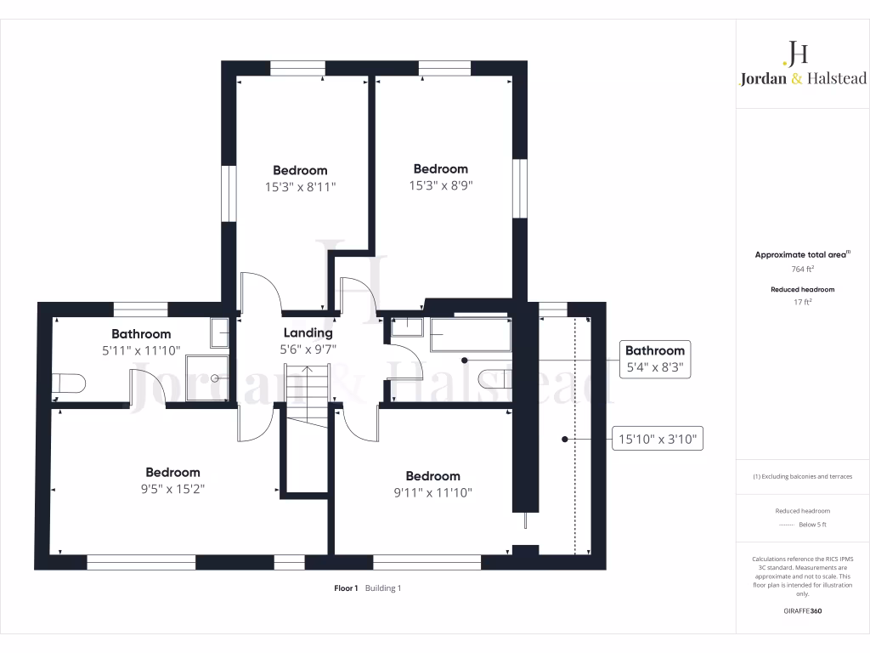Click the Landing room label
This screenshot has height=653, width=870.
point(308,332)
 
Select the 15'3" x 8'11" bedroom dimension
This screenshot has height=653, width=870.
point(300,186)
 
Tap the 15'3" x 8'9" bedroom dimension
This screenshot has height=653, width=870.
point(440,185)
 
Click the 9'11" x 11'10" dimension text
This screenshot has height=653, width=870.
point(432,491)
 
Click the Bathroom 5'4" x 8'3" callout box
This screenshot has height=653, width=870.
point(654,360)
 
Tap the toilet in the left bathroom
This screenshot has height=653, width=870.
point(67,383)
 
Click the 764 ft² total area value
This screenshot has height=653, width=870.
point(802,269)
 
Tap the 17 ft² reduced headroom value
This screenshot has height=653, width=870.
point(802,302)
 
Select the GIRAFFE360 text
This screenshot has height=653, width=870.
point(803,610)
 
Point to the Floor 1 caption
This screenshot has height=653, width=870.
point(346,588)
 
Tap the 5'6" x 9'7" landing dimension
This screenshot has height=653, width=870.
point(308,348)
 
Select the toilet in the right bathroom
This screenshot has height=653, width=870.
point(494,379)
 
